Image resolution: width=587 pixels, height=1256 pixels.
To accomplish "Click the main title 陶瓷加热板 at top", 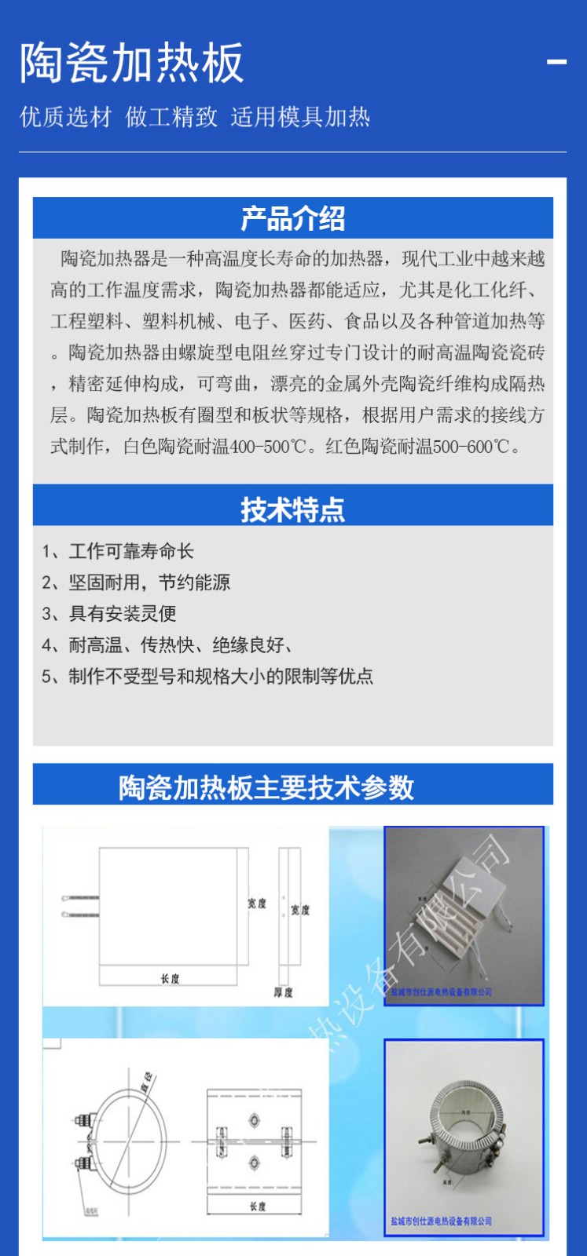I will click(131, 64).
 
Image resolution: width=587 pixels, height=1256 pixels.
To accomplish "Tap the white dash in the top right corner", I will click(556, 62).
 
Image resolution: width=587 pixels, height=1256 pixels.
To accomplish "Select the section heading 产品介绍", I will click(292, 219).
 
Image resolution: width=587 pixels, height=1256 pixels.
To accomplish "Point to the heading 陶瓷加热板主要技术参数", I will click(266, 787).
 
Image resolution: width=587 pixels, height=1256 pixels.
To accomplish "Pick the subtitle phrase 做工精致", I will click(171, 118).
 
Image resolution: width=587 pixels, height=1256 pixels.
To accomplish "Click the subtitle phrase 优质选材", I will click(66, 118).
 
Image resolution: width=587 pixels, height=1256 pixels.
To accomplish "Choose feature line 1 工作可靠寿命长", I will click(118, 551).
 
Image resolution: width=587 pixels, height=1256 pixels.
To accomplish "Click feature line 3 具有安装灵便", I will click(109, 613).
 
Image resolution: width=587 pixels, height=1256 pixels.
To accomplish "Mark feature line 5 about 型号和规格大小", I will click(207, 676).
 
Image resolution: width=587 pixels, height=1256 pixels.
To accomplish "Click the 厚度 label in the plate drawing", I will click(283, 992).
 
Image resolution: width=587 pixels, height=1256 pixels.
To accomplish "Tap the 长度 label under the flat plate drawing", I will click(170, 978).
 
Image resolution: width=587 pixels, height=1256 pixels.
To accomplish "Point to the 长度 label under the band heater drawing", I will click(257, 1206).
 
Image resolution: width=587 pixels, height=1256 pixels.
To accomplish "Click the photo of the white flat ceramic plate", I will click(464, 915).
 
